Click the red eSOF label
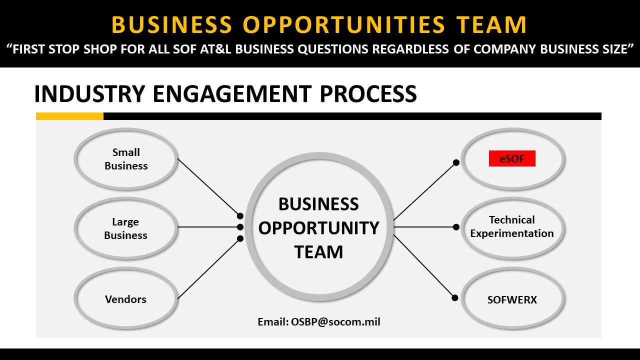[x=512, y=158]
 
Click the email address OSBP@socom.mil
[x=335, y=322]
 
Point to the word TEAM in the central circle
[x=318, y=252]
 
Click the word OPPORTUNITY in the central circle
[x=318, y=228]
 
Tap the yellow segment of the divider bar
[x=69, y=116]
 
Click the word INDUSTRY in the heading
[x=89, y=93]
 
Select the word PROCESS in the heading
[x=368, y=93]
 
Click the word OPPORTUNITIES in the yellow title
[x=344, y=24]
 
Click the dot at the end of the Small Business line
[x=240, y=215]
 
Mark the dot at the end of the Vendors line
[x=240, y=238]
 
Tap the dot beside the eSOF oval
[x=456, y=162]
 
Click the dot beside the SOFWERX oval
[x=455, y=298]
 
